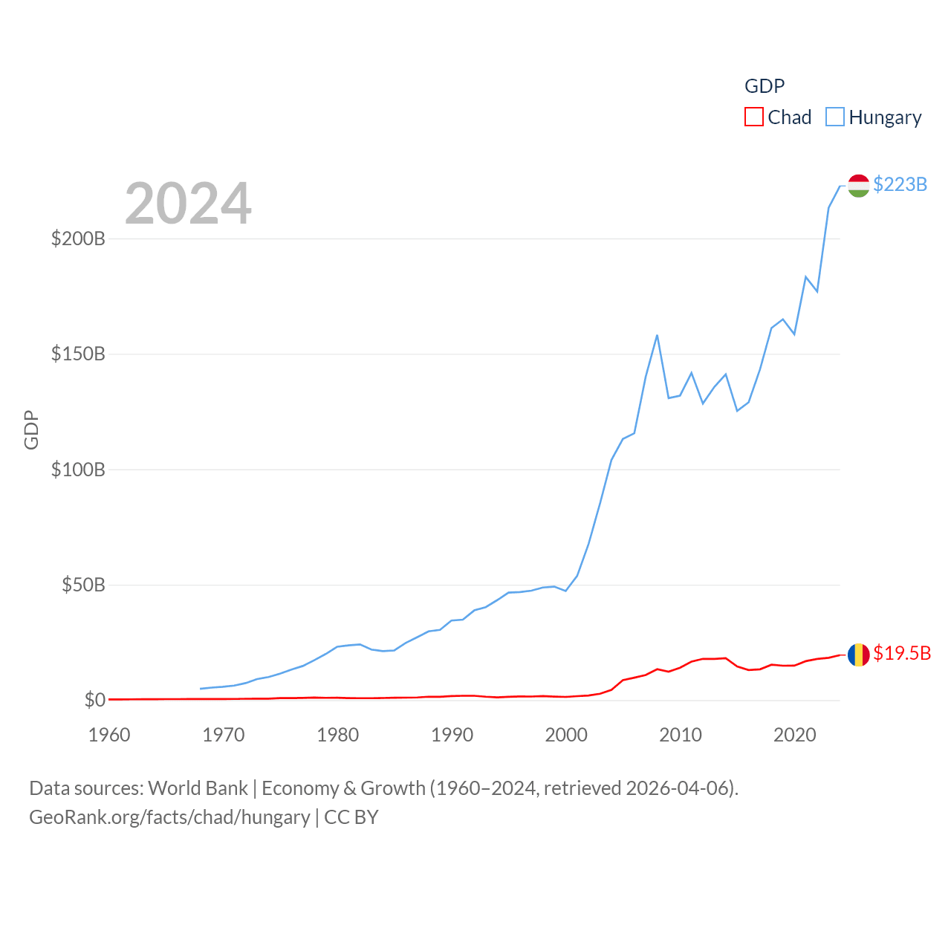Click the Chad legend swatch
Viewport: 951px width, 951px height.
[754, 117]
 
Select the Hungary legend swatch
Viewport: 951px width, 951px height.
[835, 117]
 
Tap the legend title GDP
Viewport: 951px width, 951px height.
[765, 86]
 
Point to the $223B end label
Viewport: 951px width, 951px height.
[900, 184]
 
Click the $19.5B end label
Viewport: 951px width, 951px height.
[901, 653]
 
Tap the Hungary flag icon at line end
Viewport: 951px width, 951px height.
[858, 186]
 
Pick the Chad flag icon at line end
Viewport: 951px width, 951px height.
[858, 655]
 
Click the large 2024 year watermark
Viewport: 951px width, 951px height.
[188, 204]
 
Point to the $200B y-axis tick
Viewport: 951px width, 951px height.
[78, 238]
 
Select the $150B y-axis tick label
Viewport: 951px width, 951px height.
[78, 354]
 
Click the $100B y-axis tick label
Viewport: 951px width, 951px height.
[78, 470]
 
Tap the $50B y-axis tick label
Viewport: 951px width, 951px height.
[83, 585]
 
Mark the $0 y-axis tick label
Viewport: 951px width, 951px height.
[94, 700]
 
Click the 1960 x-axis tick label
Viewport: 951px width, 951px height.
[109, 735]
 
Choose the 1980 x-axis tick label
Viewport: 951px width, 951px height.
[337, 735]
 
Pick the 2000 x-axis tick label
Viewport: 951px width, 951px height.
[566, 735]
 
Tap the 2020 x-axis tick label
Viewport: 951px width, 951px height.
[794, 735]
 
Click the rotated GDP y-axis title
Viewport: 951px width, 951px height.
[31, 429]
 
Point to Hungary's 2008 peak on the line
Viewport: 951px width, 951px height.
[657, 336]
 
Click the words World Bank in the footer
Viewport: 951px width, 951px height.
[198, 788]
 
